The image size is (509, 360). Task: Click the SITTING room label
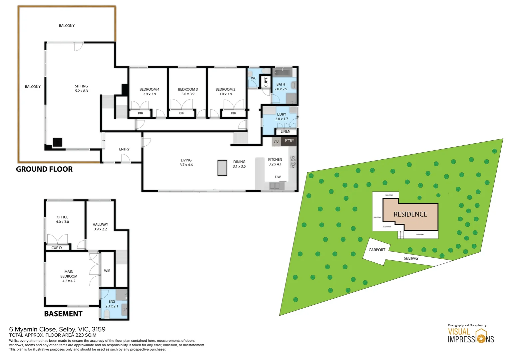coord(81,86)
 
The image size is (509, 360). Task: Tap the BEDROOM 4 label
coord(149,89)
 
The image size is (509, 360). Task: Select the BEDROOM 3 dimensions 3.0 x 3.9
coord(188,94)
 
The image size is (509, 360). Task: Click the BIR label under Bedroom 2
coord(234,113)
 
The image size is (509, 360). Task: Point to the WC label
coord(254,78)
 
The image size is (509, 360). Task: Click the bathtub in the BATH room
coord(282,72)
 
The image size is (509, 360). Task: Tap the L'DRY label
coord(281,114)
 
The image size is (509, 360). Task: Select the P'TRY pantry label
coord(289,141)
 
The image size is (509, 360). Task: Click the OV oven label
coord(276,142)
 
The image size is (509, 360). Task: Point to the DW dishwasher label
coord(277,177)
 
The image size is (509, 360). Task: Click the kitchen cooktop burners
coord(293,162)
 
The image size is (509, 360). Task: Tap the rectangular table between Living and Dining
coord(222,168)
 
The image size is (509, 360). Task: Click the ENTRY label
coord(124,149)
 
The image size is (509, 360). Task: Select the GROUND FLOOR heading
coord(44,169)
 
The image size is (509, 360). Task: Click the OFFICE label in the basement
coord(62,217)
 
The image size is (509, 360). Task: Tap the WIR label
coord(107,271)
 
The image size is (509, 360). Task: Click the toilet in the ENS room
coord(107,314)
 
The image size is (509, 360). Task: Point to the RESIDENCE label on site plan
coord(410,214)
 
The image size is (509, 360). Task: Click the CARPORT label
coord(377,250)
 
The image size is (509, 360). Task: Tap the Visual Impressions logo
coord(470,336)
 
